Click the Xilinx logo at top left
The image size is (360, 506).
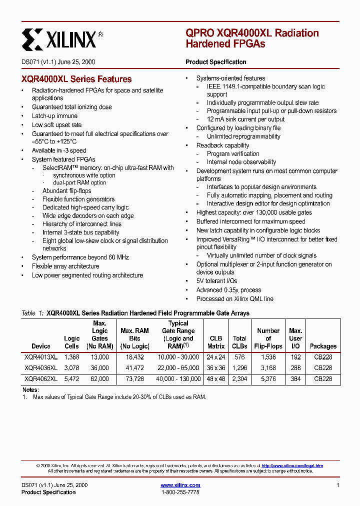click(62, 38)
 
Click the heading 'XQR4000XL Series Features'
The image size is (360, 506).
click(76, 79)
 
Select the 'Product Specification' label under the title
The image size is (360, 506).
click(215, 62)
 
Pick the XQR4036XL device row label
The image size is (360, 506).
click(41, 368)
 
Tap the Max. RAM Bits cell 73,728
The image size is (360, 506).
click(134, 379)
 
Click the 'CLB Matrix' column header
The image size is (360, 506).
click(216, 342)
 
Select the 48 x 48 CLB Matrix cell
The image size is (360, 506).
click(216, 379)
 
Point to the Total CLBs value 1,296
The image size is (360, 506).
click(239, 368)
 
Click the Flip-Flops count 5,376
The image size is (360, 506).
click(268, 379)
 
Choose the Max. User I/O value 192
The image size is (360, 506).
click(295, 357)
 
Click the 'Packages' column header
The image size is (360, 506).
click(323, 346)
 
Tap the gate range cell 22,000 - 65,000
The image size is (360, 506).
click(178, 368)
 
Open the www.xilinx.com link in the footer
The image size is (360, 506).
click(180, 485)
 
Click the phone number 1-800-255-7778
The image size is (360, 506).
click(180, 492)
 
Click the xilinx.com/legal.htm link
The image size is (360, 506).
click(292, 465)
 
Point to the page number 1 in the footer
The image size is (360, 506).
click(338, 485)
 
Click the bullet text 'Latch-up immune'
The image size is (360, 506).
click(54, 116)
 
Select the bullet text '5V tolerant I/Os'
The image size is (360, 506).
click(216, 281)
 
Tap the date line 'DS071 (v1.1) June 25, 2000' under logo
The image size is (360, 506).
click(58, 62)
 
